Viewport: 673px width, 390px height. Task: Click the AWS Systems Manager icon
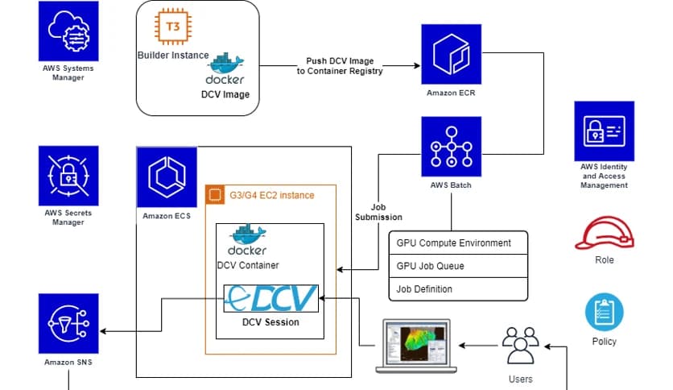pyautogui.click(x=68, y=31)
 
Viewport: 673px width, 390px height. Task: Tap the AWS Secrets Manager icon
pyautogui.click(x=68, y=175)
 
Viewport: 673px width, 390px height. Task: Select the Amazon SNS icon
pyautogui.click(x=68, y=323)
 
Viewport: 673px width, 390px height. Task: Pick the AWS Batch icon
pyautogui.click(x=451, y=147)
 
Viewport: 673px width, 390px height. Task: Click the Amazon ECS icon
pyautogui.click(x=167, y=176)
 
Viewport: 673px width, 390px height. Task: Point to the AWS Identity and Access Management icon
pyautogui.click(x=604, y=131)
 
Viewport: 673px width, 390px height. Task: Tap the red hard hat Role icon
pyautogui.click(x=604, y=234)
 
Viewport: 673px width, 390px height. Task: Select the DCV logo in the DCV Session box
pyautogui.click(x=270, y=299)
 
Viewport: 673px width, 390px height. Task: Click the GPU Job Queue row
pyautogui.click(x=459, y=266)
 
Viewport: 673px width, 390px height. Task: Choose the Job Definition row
pyautogui.click(x=459, y=288)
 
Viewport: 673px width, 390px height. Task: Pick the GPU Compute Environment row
pyautogui.click(x=459, y=243)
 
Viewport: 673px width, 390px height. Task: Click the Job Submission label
pyautogui.click(x=378, y=211)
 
